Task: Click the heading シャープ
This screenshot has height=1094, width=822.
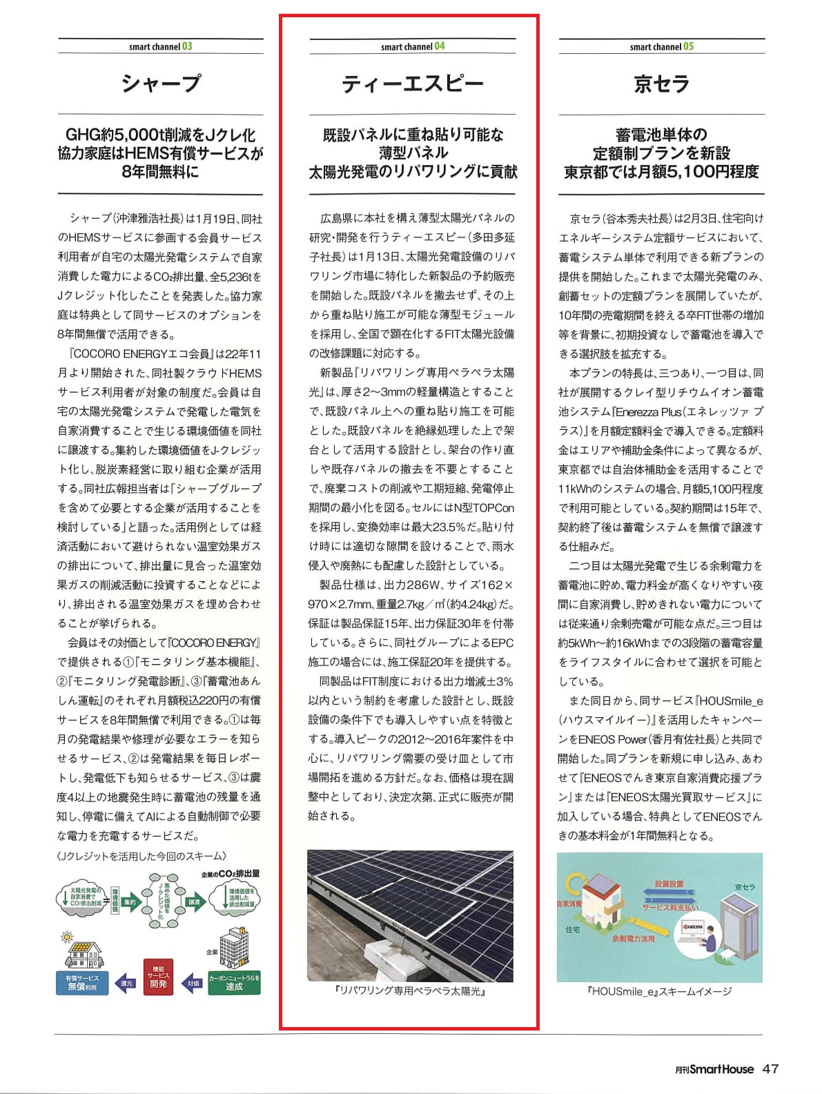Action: [x=161, y=84]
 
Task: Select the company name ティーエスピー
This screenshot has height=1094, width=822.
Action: [x=412, y=84]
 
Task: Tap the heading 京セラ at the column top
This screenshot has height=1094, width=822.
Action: [x=661, y=84]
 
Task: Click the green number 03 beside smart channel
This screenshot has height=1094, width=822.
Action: [x=187, y=46]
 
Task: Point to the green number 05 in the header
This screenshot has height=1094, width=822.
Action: [x=688, y=46]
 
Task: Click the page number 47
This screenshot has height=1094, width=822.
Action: [x=770, y=1068]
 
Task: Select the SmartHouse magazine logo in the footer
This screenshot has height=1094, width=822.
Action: [x=714, y=1069]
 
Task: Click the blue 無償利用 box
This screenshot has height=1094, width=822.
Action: [x=81, y=983]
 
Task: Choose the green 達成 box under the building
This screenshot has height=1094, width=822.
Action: [x=234, y=983]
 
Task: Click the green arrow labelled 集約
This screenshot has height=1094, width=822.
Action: [x=130, y=901]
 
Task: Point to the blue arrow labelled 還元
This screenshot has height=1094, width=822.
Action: [x=126, y=983]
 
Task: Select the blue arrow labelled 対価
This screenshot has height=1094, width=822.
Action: [x=192, y=983]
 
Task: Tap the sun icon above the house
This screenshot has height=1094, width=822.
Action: [x=67, y=937]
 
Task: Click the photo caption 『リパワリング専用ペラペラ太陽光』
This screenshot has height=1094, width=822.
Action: [x=410, y=991]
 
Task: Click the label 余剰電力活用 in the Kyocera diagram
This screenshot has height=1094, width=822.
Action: [x=633, y=939]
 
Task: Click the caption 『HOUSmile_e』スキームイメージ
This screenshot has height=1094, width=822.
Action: [x=659, y=991]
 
